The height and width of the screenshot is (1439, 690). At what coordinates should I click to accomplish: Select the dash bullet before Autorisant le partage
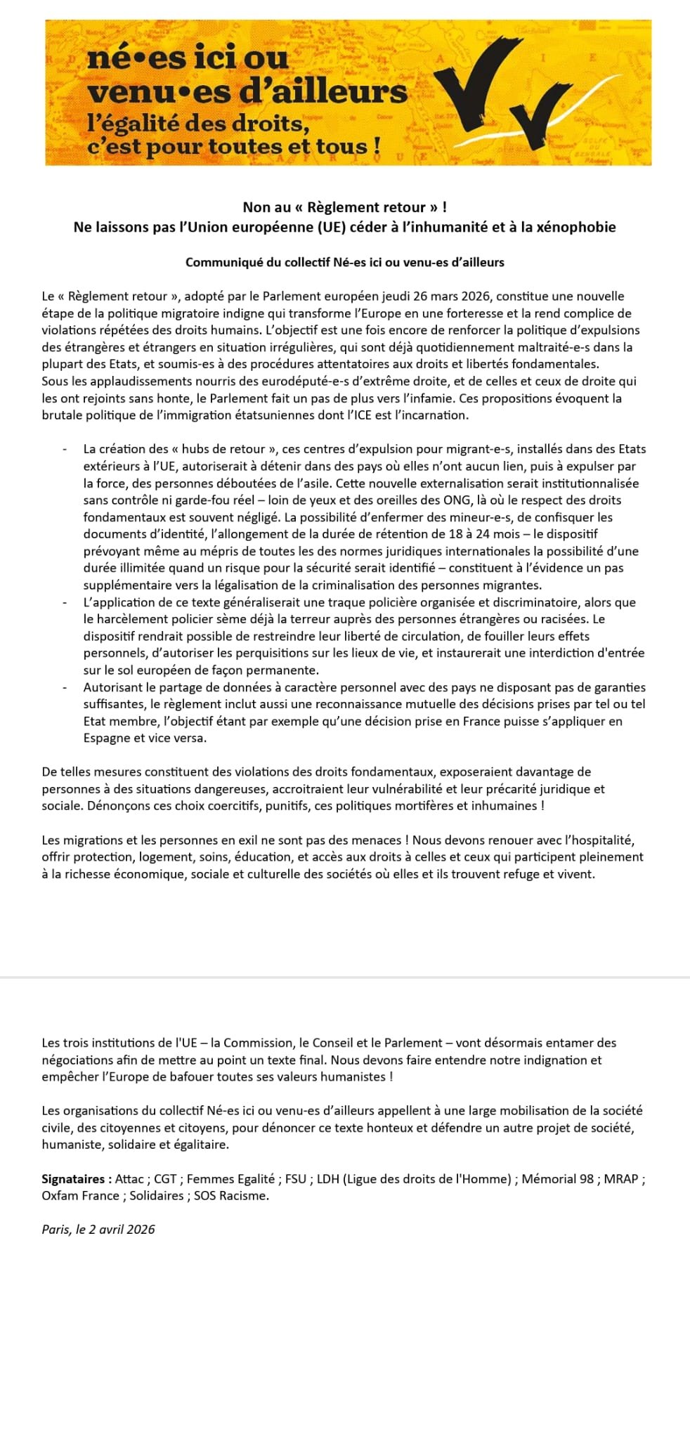click(65, 687)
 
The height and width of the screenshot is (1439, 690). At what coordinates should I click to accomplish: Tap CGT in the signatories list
click(166, 1178)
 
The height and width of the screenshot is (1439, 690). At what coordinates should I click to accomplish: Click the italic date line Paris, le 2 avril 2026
click(98, 1229)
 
